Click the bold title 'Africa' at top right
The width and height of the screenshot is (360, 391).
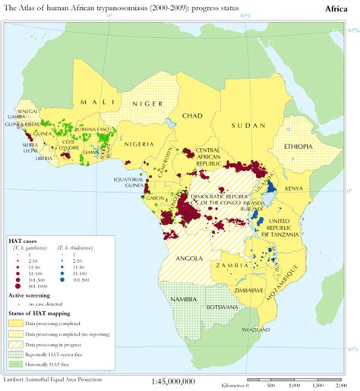click(x=336, y=8)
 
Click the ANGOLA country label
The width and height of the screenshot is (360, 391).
click(x=188, y=258)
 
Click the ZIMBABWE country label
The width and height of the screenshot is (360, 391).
click(x=249, y=290)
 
